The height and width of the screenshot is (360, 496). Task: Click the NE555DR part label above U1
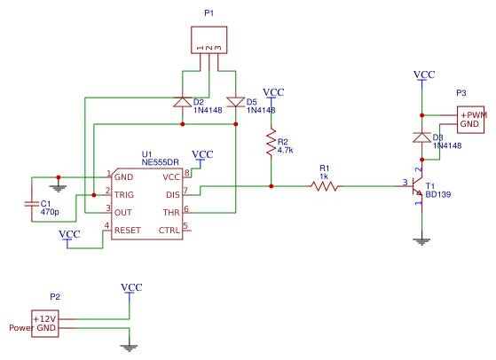160,162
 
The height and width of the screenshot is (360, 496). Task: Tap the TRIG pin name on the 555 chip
124,195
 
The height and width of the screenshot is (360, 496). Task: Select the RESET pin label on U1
128,230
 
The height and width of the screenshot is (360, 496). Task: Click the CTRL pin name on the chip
169,230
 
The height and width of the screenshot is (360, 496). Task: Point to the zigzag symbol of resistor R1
325,186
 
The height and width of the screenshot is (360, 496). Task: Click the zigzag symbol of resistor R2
272,142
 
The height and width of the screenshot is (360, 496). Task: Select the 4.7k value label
286,150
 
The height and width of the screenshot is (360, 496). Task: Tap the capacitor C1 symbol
32,204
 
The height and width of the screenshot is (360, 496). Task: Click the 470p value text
50,212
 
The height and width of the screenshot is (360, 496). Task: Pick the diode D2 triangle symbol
183,102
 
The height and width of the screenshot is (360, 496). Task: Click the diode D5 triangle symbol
236,102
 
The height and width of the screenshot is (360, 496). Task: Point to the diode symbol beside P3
421,137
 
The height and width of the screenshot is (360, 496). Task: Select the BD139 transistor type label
438,194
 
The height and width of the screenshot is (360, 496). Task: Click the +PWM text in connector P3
473,115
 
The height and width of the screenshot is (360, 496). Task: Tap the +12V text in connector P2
44,319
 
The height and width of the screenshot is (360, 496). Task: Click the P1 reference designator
209,13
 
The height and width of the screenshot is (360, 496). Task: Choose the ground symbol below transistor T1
421,242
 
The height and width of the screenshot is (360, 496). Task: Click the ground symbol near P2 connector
129,348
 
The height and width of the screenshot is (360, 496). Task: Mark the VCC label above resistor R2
273,92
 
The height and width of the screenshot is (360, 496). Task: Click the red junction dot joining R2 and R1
272,186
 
